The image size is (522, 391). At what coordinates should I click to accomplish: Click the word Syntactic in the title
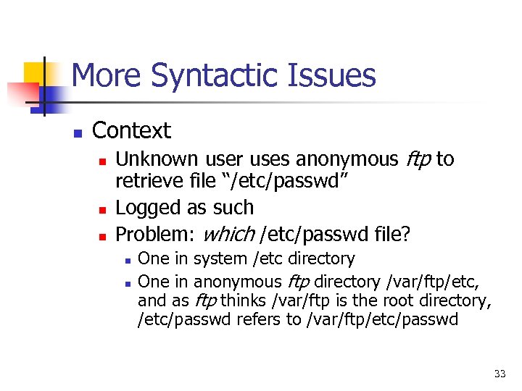(231, 76)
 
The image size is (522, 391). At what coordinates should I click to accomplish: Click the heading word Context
(131, 131)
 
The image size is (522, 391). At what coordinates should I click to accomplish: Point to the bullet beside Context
(78, 133)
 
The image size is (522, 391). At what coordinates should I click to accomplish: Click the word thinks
(244, 300)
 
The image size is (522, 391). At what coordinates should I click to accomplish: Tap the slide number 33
(499, 374)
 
